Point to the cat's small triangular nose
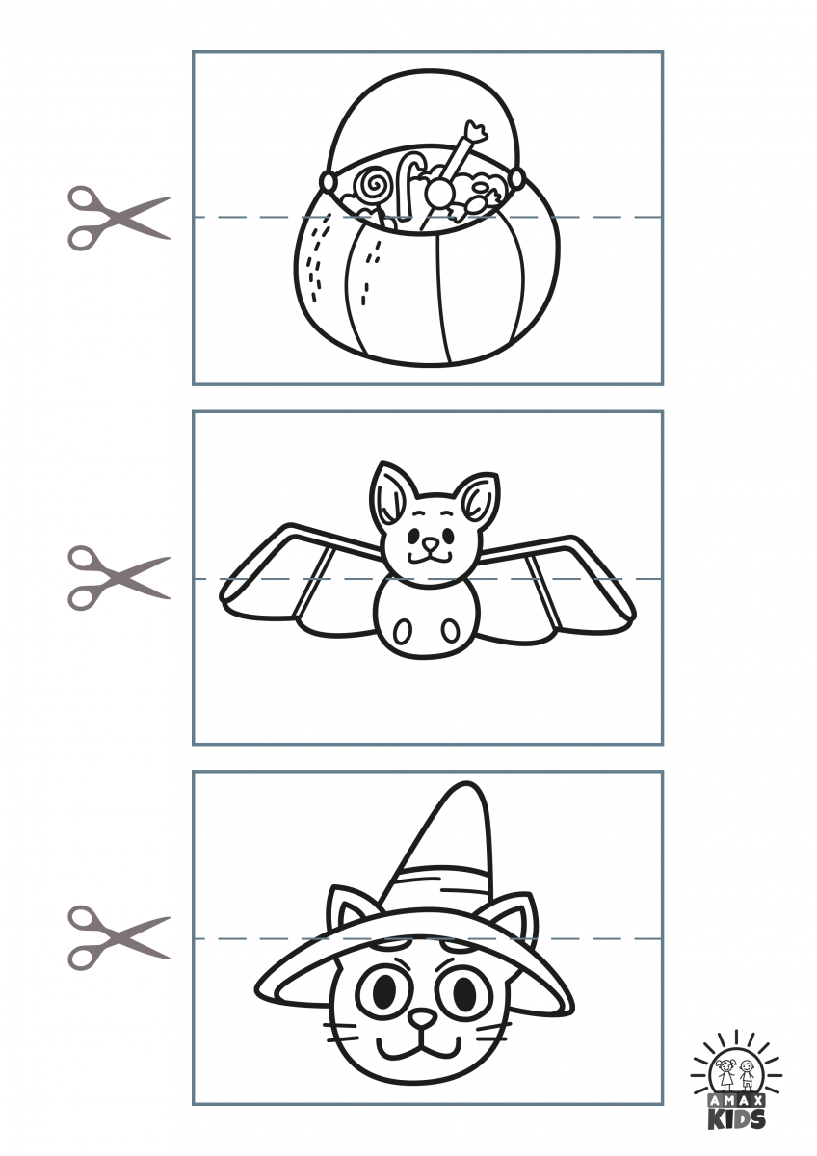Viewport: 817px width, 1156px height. (x=423, y=1017)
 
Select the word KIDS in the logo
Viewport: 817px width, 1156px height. (x=736, y=1118)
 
